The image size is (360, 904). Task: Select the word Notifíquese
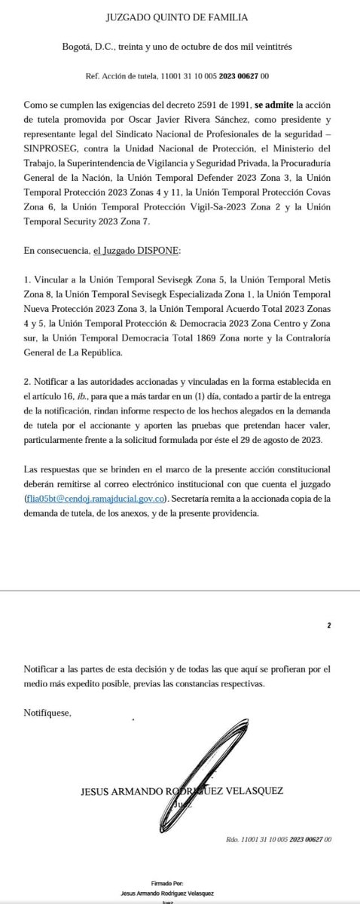[x=47, y=713]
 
